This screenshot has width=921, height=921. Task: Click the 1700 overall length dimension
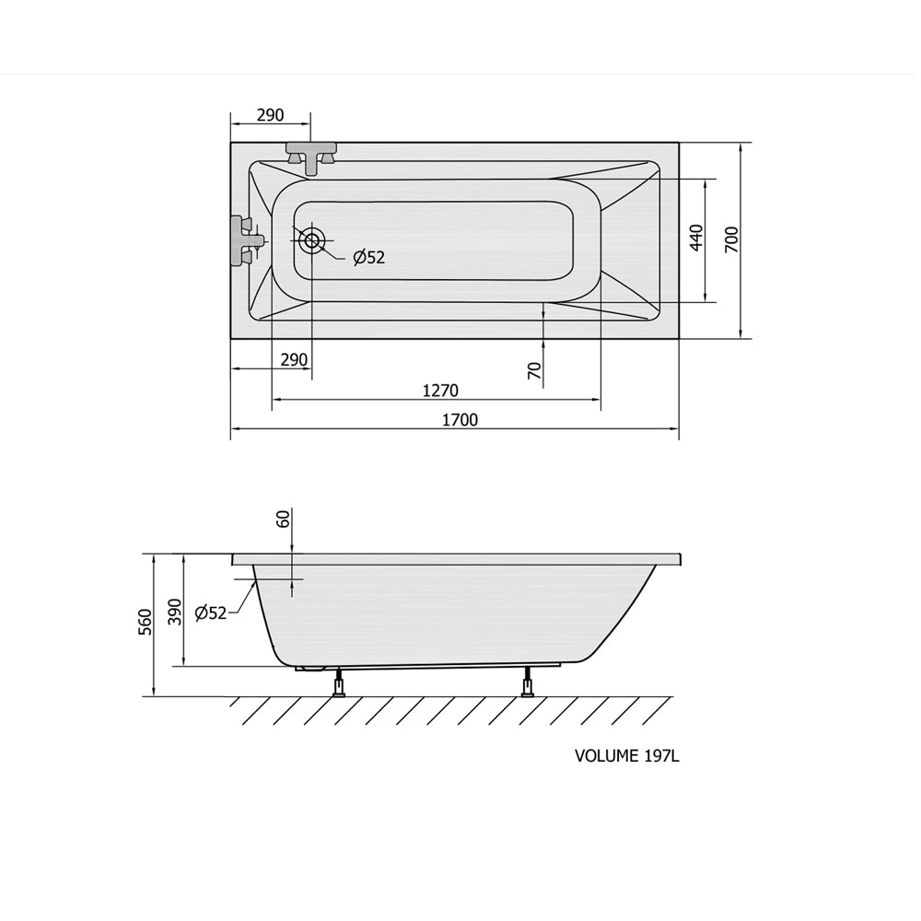tap(460, 420)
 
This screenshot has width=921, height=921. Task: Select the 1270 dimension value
tap(440, 391)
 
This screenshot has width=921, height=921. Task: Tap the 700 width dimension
tap(732, 239)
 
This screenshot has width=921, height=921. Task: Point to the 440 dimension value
tap(696, 238)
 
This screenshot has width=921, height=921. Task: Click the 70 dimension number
tap(534, 370)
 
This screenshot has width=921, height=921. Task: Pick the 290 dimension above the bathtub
tap(270, 115)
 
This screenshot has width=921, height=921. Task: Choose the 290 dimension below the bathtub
tap(294, 359)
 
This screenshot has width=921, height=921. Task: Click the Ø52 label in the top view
tap(369, 257)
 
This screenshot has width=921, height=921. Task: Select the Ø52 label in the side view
tap(210, 613)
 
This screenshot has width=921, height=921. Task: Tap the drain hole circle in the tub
tap(311, 240)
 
